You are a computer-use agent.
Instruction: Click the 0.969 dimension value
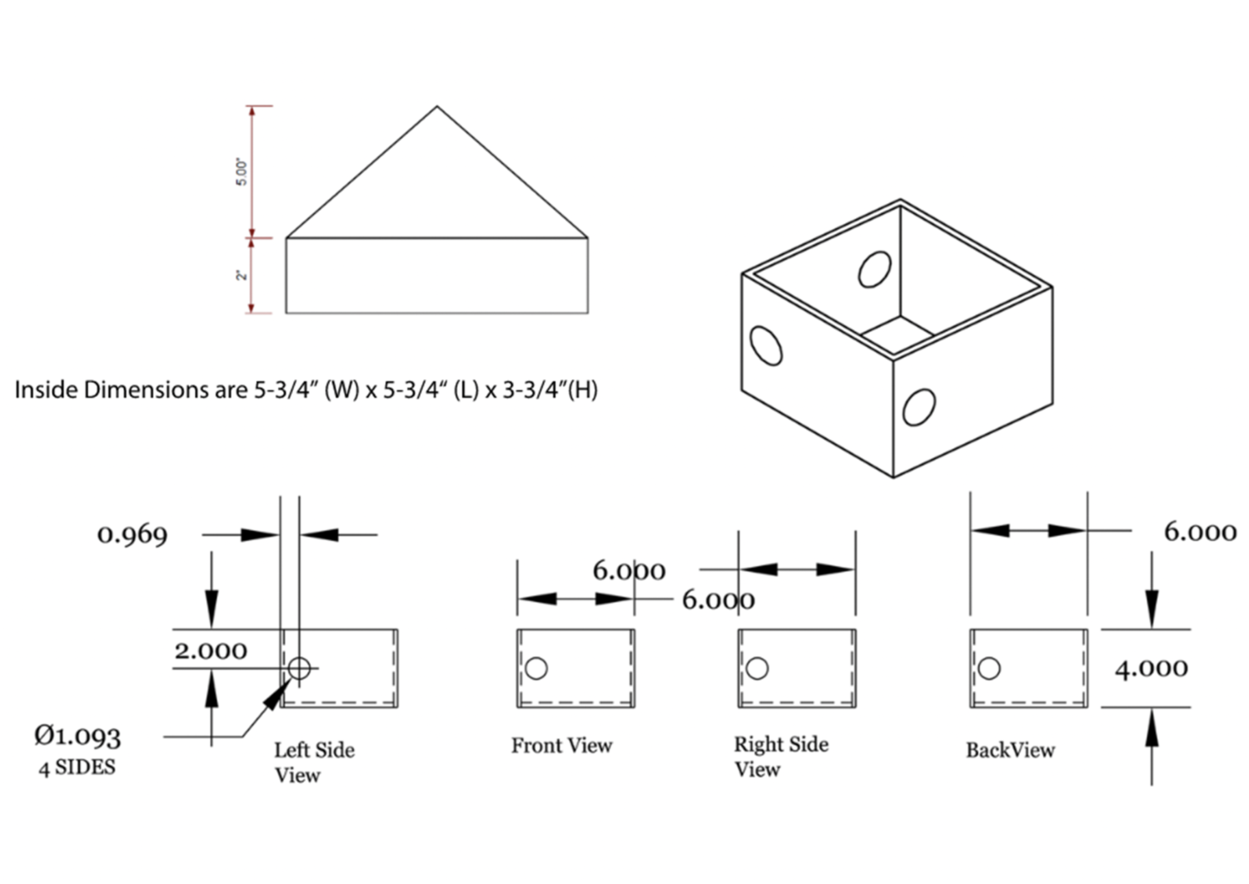click(132, 534)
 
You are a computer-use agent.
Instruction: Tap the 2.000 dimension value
click(211, 650)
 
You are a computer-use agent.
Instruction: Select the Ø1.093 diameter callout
click(77, 735)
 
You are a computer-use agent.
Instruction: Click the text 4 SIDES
click(77, 767)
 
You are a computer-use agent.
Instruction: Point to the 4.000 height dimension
click(1152, 668)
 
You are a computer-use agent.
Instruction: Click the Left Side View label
click(314, 762)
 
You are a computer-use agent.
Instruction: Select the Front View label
click(561, 746)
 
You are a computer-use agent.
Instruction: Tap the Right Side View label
click(780, 757)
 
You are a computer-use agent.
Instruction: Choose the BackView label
click(1010, 750)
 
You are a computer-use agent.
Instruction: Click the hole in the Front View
click(537, 668)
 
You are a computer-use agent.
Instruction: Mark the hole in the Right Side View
click(758, 668)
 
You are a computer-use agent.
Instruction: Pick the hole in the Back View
click(990, 668)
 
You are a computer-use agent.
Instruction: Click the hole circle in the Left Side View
click(299, 668)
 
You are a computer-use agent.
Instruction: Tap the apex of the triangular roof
click(437, 107)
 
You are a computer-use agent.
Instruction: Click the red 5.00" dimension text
click(241, 171)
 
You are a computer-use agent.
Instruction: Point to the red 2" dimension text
click(241, 276)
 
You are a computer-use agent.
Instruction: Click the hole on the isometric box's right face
click(918, 408)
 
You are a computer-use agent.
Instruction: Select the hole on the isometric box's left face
click(766, 345)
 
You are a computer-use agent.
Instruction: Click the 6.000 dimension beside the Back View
click(1200, 532)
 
